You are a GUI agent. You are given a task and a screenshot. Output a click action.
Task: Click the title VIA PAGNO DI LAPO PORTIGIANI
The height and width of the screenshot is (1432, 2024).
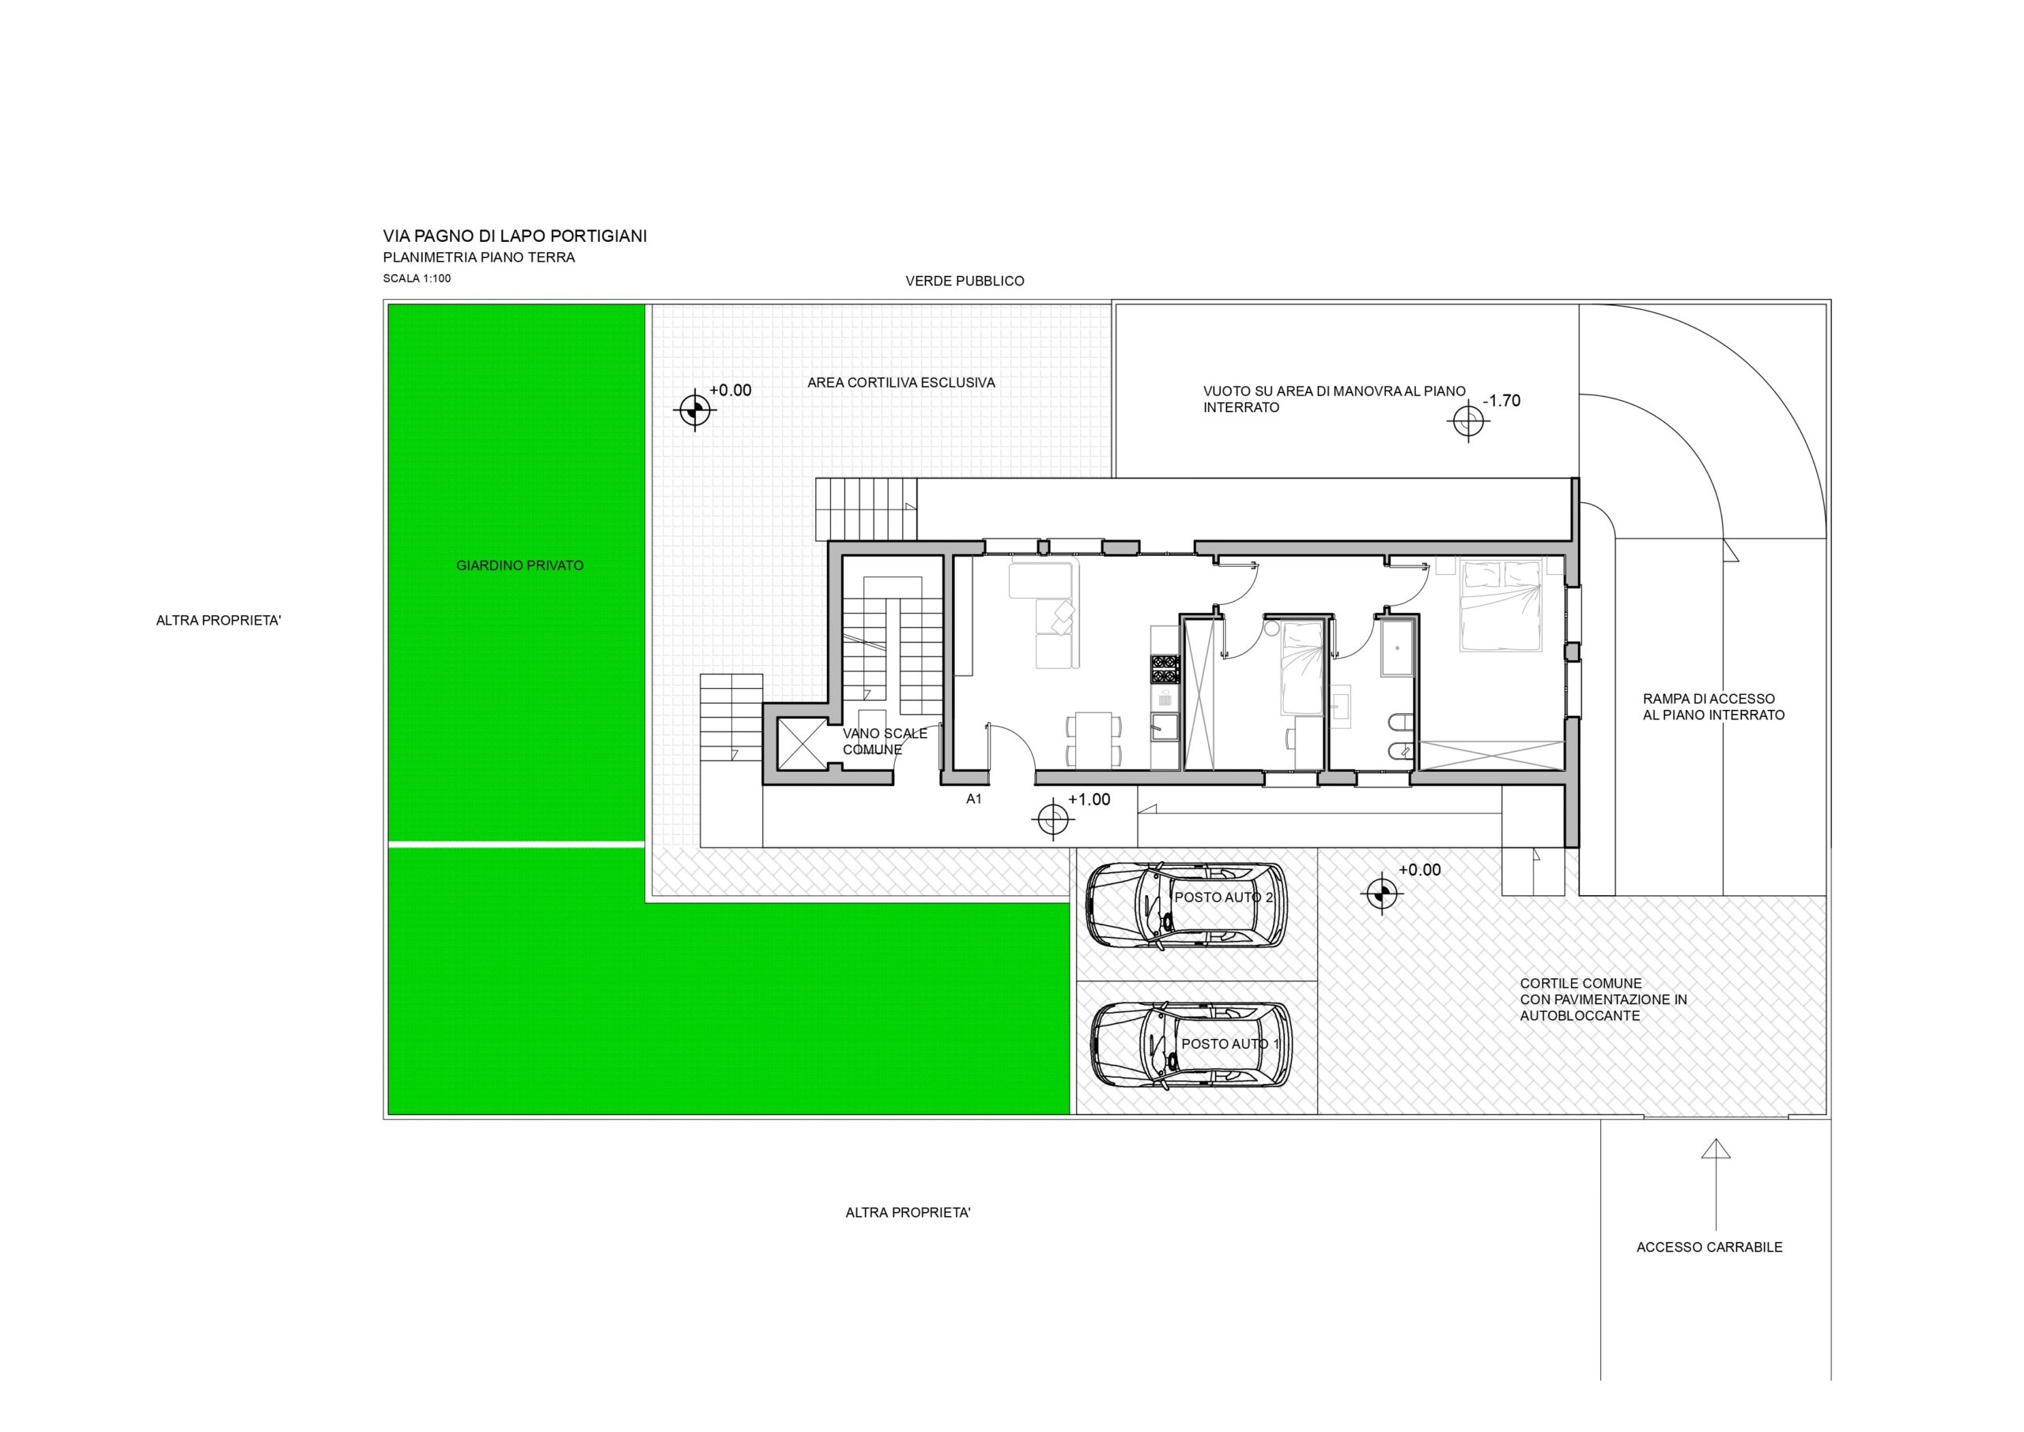click(x=515, y=236)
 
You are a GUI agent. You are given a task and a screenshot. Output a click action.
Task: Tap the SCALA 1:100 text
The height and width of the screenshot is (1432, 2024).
click(x=417, y=278)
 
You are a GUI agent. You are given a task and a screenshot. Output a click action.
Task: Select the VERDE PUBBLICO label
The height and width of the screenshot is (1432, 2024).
click(x=965, y=281)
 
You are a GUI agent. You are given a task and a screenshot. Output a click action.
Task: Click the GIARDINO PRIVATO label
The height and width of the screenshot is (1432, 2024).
click(x=520, y=566)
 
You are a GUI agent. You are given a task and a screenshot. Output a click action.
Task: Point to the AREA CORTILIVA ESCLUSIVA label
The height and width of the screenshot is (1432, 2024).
click(x=901, y=383)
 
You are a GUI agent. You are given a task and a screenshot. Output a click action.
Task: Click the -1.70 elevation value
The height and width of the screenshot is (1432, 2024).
click(x=1501, y=401)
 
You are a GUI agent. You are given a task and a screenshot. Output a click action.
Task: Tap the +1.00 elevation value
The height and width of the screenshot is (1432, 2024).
click(x=1089, y=799)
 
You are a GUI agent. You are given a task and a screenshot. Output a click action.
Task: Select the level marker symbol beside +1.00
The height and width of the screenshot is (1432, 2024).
click(x=1052, y=820)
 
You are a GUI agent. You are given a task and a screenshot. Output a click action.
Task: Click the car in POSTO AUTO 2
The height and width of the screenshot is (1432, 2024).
click(x=1187, y=905)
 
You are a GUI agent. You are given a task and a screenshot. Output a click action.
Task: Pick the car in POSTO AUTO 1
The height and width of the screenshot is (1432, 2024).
click(x=1191, y=1045)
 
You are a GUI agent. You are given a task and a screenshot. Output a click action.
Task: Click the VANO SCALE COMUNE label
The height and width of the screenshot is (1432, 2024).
click(x=884, y=742)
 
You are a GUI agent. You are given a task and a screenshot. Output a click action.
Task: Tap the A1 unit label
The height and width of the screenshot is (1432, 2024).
click(x=974, y=799)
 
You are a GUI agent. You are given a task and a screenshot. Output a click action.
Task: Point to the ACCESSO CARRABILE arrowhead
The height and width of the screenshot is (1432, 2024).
click(x=1716, y=1148)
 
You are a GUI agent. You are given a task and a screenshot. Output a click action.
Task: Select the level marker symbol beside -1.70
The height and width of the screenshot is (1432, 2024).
click(x=1469, y=420)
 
